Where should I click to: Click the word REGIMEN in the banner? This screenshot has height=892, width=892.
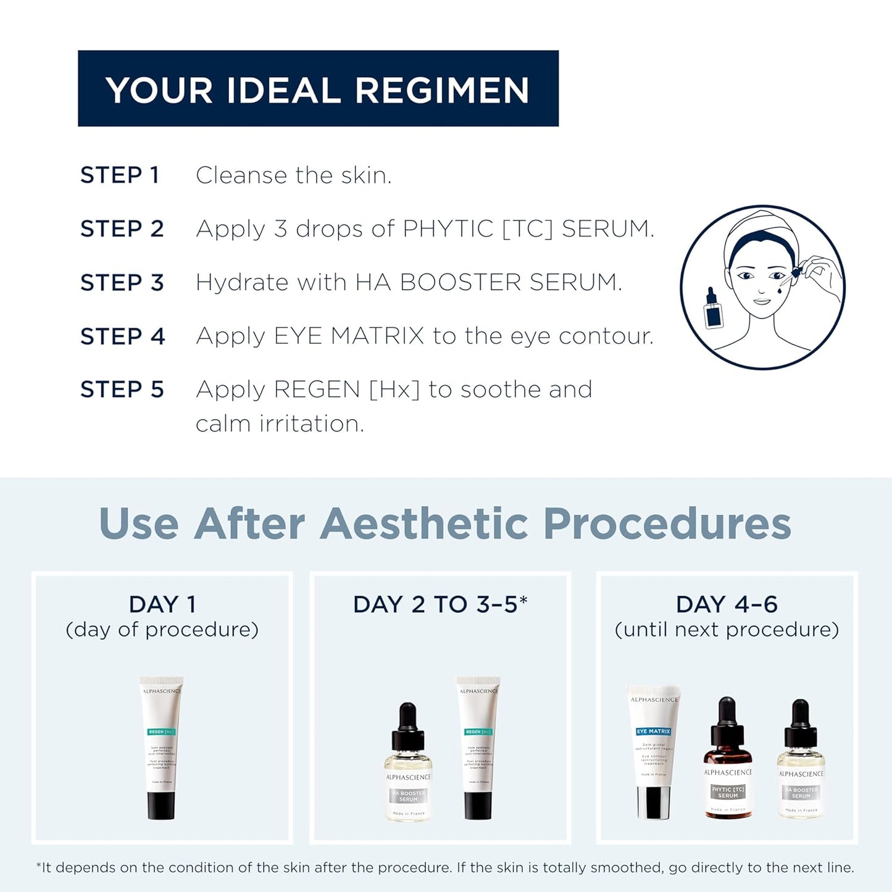tap(441, 90)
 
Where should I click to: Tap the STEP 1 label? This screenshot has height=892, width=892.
tap(120, 175)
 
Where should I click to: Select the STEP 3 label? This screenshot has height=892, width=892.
tap(122, 283)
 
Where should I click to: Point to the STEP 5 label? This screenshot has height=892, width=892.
tap(122, 390)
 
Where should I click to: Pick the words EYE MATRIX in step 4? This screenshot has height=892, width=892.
tap(349, 336)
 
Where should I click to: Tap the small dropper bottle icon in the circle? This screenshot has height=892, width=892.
tap(713, 308)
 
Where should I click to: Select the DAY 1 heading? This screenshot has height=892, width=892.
tap(162, 604)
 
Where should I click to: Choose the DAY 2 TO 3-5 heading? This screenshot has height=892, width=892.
tap(440, 604)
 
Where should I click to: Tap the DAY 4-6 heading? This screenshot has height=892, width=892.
tap(727, 604)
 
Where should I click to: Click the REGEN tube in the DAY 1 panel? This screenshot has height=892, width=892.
tap(161, 748)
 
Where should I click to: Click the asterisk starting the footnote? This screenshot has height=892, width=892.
tap(39, 866)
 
